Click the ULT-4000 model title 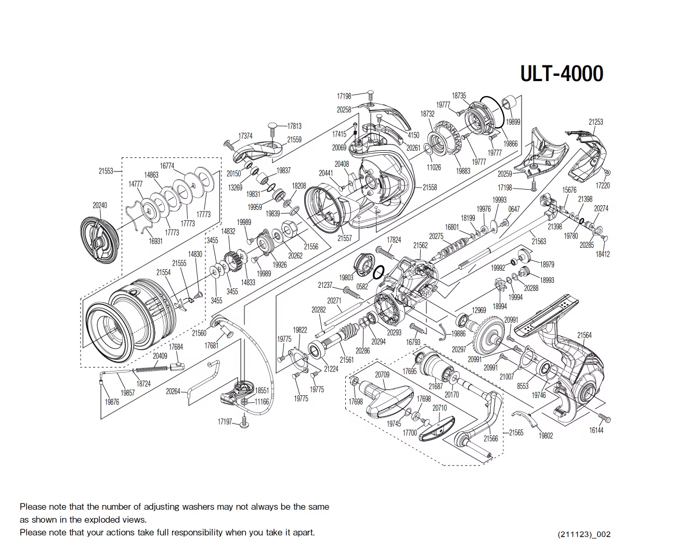(x=562, y=74)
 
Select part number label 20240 (x=100, y=205)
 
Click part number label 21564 (x=584, y=335)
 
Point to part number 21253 (x=595, y=122)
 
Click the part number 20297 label (x=459, y=349)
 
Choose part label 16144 (x=596, y=430)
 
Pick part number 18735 (x=459, y=96)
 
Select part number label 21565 (x=516, y=432)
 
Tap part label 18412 (x=603, y=254)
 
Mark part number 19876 (x=112, y=402)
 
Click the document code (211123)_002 (x=584, y=534)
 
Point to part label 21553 (x=106, y=171)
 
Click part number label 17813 (x=294, y=126)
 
